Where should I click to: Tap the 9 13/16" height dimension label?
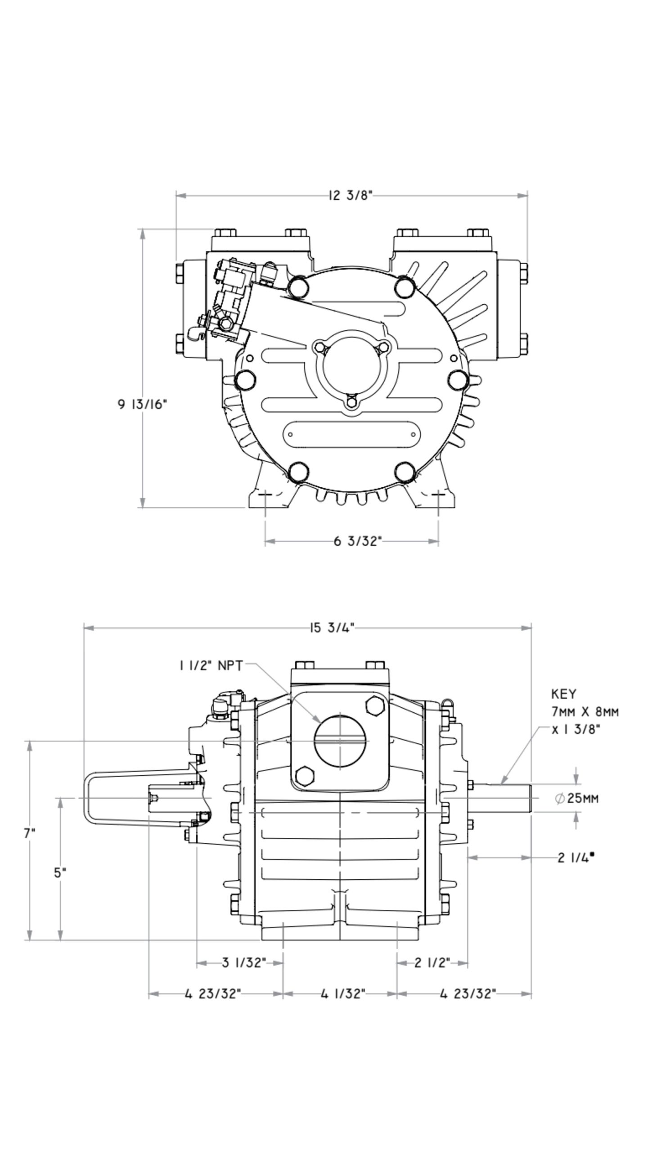(x=142, y=404)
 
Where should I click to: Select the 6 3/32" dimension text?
(x=357, y=541)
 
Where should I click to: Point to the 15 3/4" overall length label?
(x=332, y=627)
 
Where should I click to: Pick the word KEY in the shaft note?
(x=563, y=694)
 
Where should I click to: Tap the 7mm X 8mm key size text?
(x=585, y=712)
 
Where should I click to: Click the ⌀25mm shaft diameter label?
(x=577, y=798)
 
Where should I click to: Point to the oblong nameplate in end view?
(x=351, y=434)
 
